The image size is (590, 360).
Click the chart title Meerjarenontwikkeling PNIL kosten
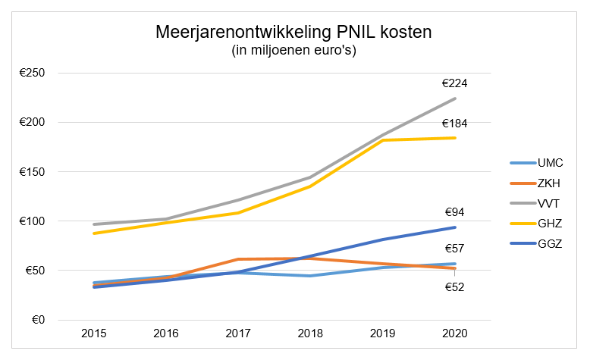293,33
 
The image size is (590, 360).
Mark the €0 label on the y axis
38,320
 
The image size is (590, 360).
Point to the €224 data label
454,83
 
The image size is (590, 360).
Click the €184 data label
454,124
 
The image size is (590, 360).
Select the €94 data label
454,213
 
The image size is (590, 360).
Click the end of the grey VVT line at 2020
455,99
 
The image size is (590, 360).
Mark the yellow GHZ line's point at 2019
383,140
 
